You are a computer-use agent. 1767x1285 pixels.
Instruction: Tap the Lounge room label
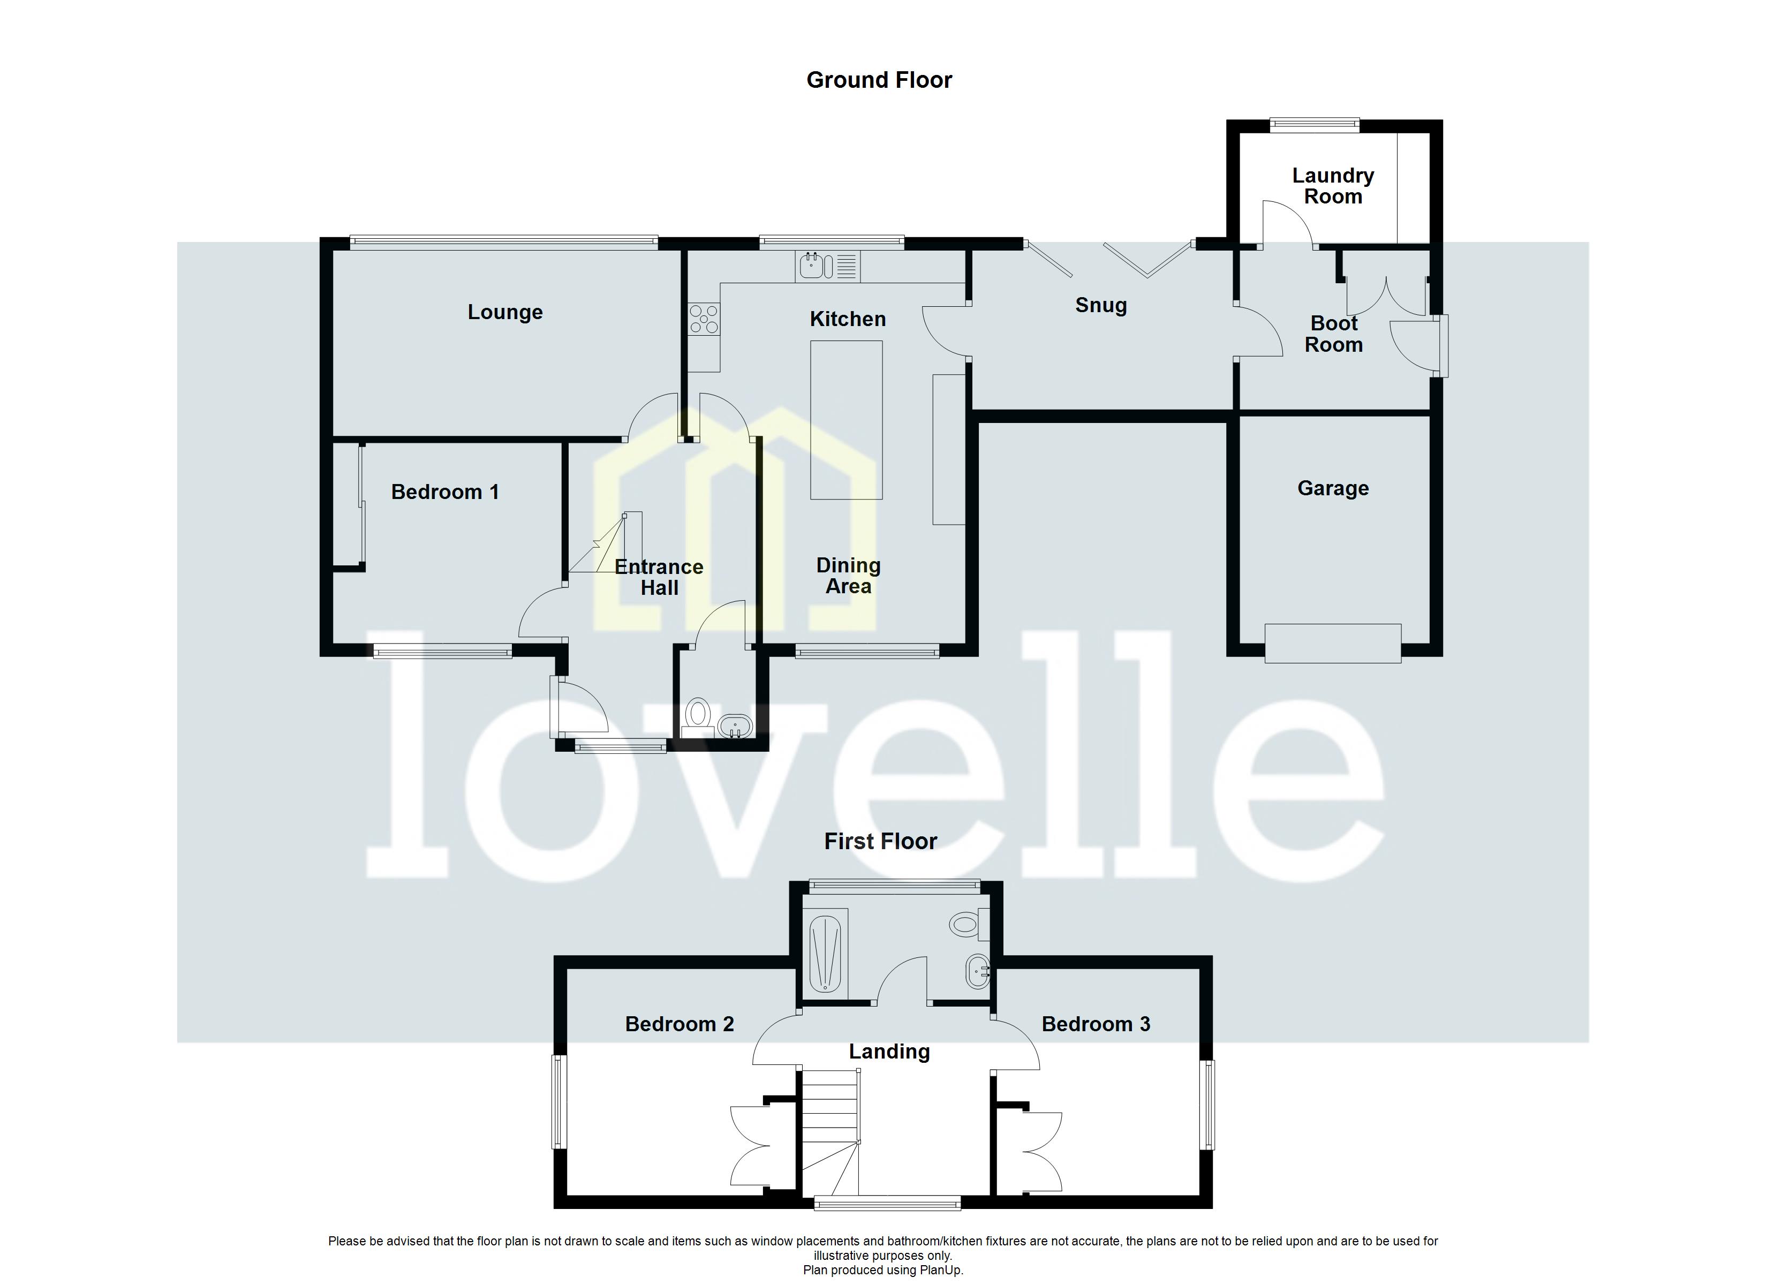pos(505,313)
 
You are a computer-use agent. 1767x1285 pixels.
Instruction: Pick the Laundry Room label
pos(1333,186)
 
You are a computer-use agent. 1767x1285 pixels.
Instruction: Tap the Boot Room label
pos(1334,334)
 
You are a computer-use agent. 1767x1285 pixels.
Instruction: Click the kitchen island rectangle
pos(846,419)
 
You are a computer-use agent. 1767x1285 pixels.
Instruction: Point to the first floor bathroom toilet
pos(966,925)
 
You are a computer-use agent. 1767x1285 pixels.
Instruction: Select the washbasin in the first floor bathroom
pos(977,972)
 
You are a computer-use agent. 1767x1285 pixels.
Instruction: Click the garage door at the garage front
pos(1332,643)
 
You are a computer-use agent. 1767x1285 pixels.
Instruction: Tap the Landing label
pos(889,1052)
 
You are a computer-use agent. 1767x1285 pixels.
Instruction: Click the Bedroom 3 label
pos(1096,1024)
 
